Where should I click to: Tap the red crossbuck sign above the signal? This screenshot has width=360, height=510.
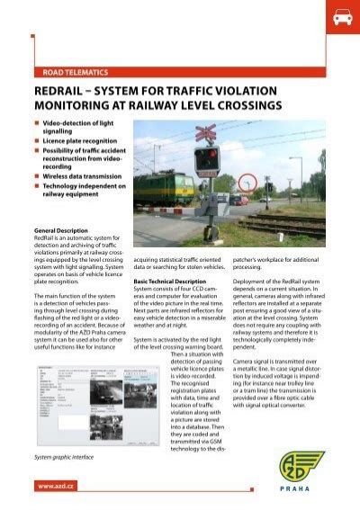pos(206,134)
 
